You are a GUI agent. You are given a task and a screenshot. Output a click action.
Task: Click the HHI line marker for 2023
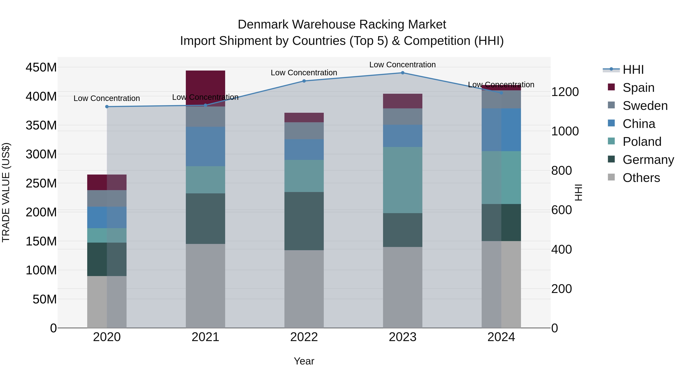(x=403, y=73)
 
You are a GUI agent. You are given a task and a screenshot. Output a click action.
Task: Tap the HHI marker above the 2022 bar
(x=304, y=81)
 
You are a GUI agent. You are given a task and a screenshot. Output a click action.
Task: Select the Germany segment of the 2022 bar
(x=304, y=221)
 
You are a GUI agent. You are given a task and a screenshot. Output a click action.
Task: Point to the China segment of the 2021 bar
(x=205, y=146)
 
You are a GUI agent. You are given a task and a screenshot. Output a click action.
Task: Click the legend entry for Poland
(x=642, y=142)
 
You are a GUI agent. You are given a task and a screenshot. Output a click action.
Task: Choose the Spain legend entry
(x=638, y=88)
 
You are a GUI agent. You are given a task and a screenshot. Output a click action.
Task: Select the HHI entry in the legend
(x=633, y=70)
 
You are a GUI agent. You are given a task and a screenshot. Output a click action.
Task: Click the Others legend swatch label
(x=641, y=178)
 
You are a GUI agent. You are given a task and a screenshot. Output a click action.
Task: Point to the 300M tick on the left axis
(x=41, y=154)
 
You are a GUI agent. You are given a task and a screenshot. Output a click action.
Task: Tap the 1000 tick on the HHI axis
(x=565, y=131)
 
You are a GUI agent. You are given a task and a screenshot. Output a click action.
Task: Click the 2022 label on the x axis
(x=304, y=337)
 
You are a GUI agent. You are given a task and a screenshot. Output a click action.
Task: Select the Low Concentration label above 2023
(x=403, y=65)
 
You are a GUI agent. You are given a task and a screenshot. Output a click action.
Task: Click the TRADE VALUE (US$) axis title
(x=6, y=192)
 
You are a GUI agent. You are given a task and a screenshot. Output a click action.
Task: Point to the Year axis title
(x=304, y=361)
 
